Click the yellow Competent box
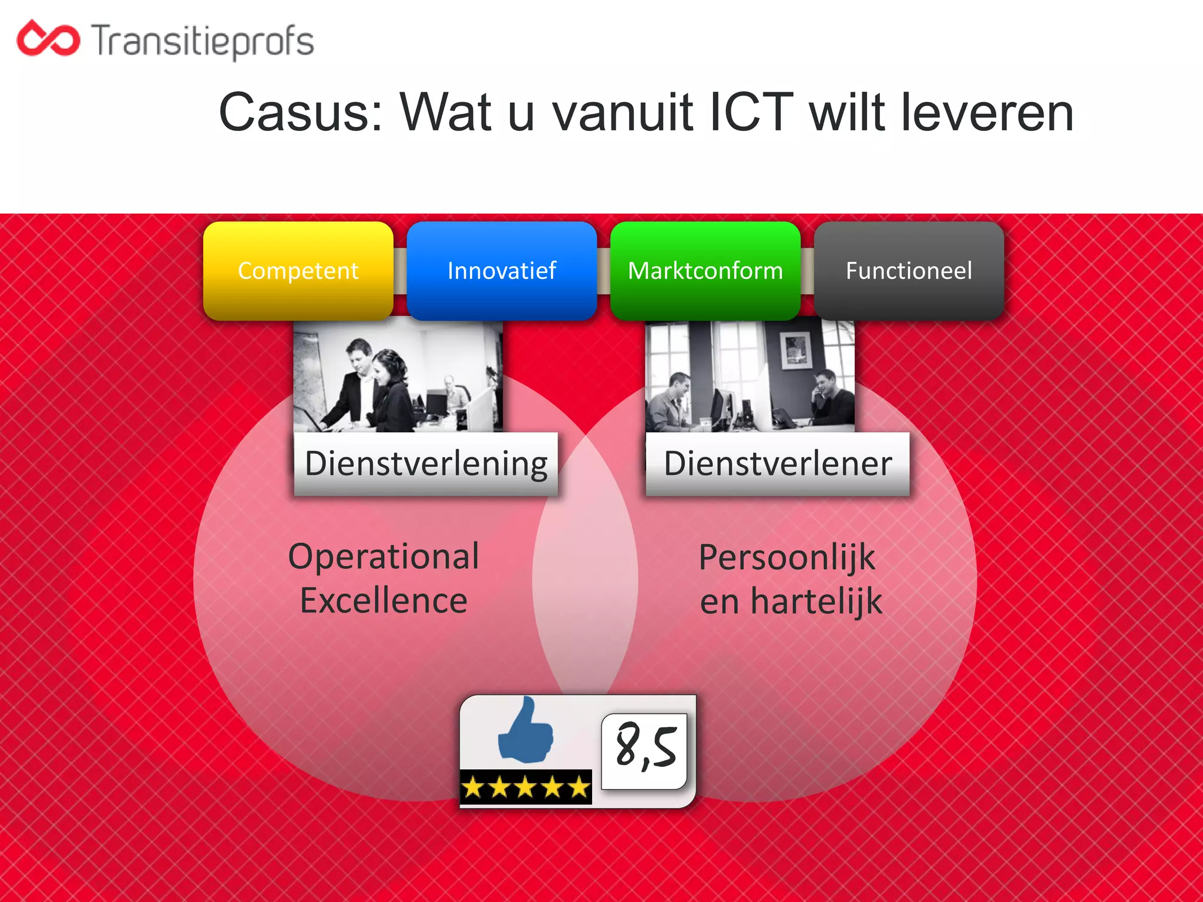coord(298,271)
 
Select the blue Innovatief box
coord(502,271)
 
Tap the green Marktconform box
coord(705,271)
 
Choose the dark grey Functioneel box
coord(909,271)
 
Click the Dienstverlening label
coord(426,464)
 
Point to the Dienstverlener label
coord(778,464)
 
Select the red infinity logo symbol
coord(48,39)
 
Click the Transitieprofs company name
coord(203,41)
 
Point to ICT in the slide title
coord(752,113)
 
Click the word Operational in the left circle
coord(384,557)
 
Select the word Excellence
coord(384,601)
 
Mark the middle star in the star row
coord(525,787)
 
